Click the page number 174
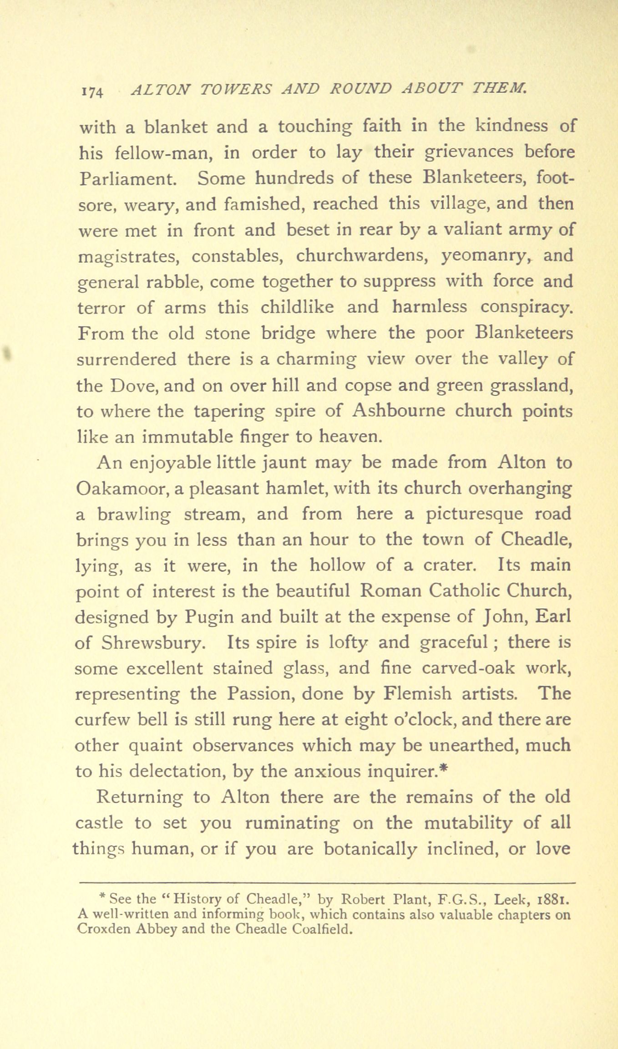(93, 91)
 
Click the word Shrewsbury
(151, 643)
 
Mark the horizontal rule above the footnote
(328, 883)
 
